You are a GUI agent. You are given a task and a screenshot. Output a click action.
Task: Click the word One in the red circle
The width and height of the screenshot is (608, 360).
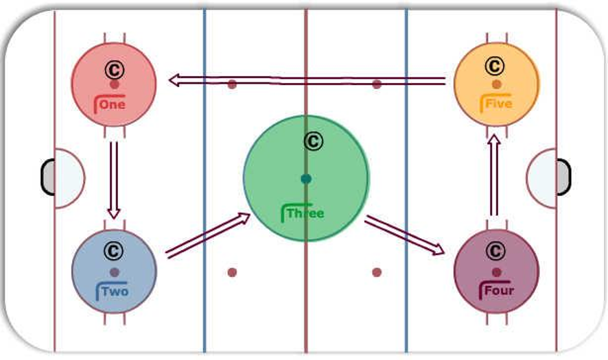pyautogui.click(x=113, y=104)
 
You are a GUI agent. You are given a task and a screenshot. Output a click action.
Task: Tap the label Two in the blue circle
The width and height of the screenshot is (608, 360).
pyautogui.click(x=115, y=291)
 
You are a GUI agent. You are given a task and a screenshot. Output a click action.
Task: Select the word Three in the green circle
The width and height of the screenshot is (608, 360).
pyautogui.click(x=305, y=213)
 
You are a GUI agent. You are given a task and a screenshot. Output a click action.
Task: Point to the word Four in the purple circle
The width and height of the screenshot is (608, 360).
pyautogui.click(x=499, y=291)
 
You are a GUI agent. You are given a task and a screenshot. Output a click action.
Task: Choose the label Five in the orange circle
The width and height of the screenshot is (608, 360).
pyautogui.click(x=499, y=104)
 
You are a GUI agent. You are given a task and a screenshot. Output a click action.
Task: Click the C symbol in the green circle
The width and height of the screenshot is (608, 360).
pyautogui.click(x=314, y=141)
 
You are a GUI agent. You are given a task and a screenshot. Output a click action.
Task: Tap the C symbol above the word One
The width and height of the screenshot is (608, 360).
pyautogui.click(x=115, y=70)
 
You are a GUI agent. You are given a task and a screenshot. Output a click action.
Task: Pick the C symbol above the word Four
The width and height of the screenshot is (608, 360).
pyautogui.click(x=495, y=251)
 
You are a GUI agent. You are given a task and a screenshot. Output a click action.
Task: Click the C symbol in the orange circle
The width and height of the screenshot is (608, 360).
pyautogui.click(x=494, y=66)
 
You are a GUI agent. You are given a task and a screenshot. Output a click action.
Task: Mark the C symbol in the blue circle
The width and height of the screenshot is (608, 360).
pyautogui.click(x=114, y=251)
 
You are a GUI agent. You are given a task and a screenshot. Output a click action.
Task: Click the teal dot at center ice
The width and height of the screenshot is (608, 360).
pyautogui.click(x=306, y=179)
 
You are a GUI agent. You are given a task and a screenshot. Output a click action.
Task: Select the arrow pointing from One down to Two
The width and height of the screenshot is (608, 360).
pyautogui.click(x=114, y=180)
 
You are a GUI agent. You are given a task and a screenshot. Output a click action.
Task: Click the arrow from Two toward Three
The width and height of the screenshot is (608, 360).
pyautogui.click(x=208, y=235)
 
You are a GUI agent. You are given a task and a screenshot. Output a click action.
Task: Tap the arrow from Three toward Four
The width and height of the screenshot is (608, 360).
pyautogui.click(x=404, y=235)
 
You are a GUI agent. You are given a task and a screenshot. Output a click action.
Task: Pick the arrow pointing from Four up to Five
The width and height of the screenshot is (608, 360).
pyautogui.click(x=493, y=175)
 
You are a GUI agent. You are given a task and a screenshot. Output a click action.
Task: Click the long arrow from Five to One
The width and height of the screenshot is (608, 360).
pyautogui.click(x=307, y=81)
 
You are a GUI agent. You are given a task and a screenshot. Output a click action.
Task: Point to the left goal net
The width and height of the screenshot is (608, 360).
pyautogui.click(x=48, y=177)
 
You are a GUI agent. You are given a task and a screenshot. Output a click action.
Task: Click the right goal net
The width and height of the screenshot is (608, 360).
pyautogui.click(x=563, y=177)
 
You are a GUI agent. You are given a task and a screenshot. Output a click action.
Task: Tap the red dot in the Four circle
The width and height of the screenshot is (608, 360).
pyautogui.click(x=496, y=272)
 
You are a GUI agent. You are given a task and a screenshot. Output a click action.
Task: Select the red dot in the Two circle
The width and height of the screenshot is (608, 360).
pyautogui.click(x=115, y=272)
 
